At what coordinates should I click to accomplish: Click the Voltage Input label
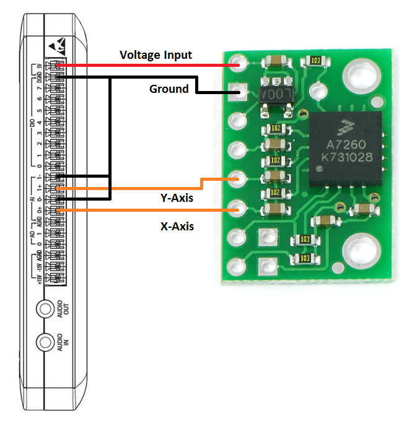156,56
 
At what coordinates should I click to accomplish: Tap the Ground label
169,89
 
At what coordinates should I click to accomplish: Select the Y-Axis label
177,199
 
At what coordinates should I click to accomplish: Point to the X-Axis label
177,227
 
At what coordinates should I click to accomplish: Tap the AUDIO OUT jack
45,308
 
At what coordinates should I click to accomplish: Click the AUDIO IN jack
45,342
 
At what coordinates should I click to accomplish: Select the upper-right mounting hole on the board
360,76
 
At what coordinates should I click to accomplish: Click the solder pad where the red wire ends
239,63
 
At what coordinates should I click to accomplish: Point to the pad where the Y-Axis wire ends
239,180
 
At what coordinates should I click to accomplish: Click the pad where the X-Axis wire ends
239,209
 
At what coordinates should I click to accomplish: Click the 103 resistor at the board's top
314,61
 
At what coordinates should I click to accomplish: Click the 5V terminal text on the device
38,66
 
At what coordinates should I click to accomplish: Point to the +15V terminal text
38,279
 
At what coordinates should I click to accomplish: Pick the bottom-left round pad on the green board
238,267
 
